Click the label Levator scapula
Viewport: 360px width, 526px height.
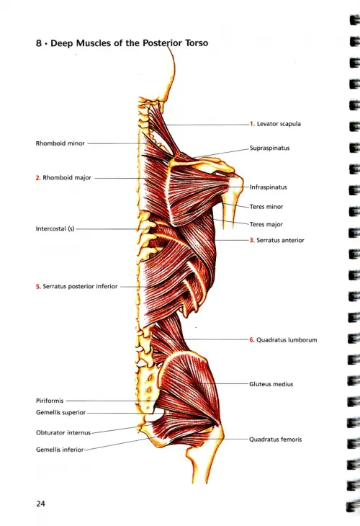279,124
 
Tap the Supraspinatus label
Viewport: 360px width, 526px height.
269,148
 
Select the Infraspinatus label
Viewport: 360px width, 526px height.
268,187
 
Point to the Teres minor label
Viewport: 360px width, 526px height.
266,207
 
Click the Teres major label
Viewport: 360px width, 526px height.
266,224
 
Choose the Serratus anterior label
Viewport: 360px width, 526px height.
280,240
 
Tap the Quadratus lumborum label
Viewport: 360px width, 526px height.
287,340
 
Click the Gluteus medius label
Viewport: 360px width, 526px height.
271,384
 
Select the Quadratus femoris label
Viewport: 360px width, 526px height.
275,440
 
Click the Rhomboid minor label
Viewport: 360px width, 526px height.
60,143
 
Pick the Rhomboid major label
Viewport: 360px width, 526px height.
67,178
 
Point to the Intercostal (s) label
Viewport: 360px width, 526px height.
55,229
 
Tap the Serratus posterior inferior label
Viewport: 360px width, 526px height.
80,287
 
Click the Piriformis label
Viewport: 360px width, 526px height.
50,401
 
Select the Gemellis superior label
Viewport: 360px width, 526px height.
60,413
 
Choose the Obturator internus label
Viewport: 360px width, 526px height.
63,433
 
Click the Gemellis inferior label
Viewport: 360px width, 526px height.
60,450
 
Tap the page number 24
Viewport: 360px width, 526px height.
40,504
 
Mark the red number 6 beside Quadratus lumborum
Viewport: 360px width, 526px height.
251,340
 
